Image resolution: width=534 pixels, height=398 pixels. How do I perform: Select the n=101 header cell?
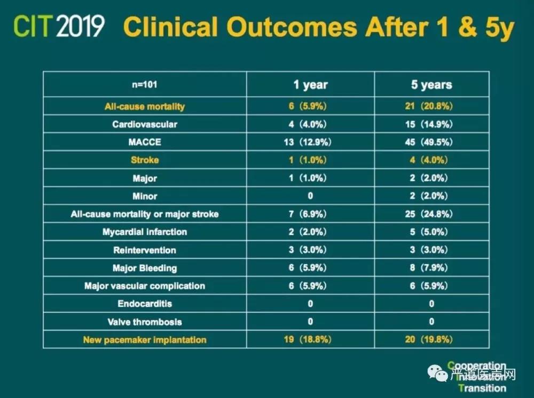pyautogui.click(x=145, y=85)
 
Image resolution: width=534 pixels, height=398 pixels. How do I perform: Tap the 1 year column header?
pyautogui.click(x=310, y=85)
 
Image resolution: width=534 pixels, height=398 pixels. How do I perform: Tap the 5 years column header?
pyautogui.click(x=431, y=85)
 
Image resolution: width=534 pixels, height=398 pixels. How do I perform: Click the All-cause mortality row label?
pyautogui.click(x=145, y=106)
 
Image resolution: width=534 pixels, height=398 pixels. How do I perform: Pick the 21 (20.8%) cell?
pyautogui.click(x=431, y=106)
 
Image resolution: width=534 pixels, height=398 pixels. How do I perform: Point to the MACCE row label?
pyautogui.click(x=145, y=142)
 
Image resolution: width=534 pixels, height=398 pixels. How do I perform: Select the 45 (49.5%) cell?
pyautogui.click(x=431, y=142)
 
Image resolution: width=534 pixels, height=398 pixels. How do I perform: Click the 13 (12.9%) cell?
pyautogui.click(x=310, y=142)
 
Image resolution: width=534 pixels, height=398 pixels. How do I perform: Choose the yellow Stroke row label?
pyautogui.click(x=145, y=160)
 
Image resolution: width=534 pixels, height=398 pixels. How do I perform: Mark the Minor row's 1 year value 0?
pyautogui.click(x=310, y=196)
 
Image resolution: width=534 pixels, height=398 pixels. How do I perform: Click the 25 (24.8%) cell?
pyautogui.click(x=431, y=214)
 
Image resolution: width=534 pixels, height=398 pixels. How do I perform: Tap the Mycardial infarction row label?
pyautogui.click(x=145, y=232)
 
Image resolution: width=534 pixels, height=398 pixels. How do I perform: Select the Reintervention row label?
pyautogui.click(x=145, y=250)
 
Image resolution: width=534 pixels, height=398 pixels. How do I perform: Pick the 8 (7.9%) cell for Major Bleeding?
pyautogui.click(x=431, y=268)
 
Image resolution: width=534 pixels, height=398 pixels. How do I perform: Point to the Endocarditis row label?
pyautogui.click(x=145, y=304)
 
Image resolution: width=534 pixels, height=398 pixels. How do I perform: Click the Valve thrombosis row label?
pyautogui.click(x=145, y=322)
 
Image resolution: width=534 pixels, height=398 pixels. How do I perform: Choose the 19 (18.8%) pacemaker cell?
pyautogui.click(x=310, y=339)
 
